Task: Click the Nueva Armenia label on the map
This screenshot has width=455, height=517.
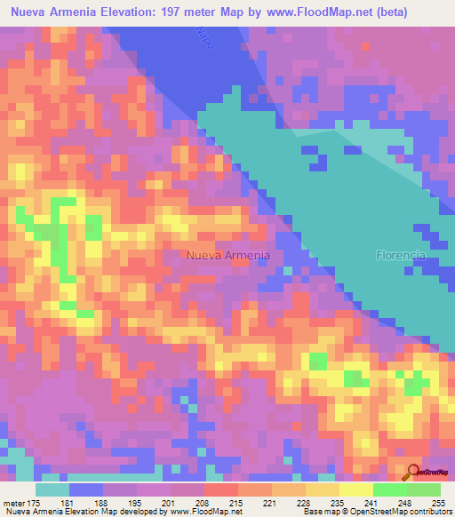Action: [227, 255]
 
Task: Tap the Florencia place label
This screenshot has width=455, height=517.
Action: [401, 255]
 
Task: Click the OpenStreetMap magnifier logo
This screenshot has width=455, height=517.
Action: [413, 473]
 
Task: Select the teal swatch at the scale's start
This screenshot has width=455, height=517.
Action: [52, 489]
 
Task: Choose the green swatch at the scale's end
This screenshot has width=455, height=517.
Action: [424, 489]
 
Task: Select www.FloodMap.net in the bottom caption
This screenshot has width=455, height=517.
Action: [203, 512]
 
